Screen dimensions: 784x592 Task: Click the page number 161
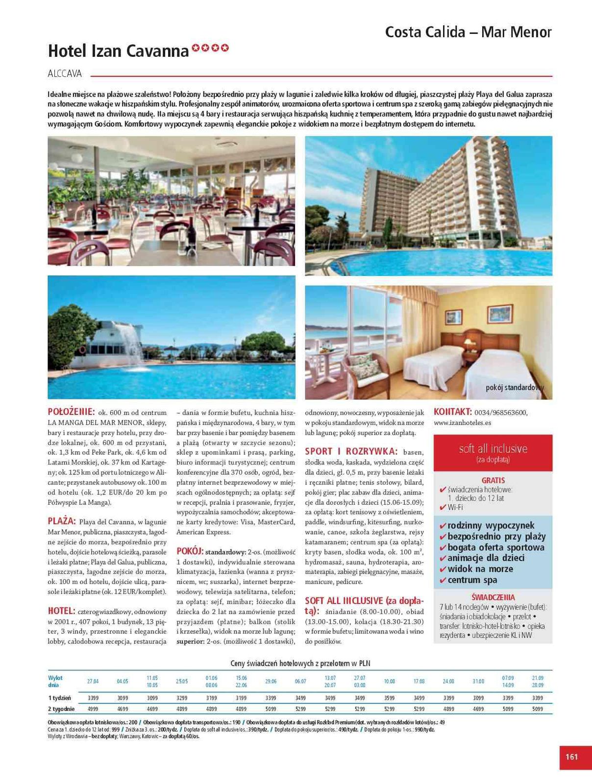coord(571,757)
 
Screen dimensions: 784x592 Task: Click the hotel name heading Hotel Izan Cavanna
coord(118,51)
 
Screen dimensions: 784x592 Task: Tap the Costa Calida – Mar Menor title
coord(468,32)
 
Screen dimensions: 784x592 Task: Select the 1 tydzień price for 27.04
coord(93,698)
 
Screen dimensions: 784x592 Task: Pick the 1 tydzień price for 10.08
coord(389,698)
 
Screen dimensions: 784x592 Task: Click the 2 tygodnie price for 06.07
coord(300,709)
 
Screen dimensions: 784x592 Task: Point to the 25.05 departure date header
coord(182,682)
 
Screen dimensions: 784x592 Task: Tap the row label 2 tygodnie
coord(61,709)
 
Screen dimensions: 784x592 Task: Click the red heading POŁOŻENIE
coord(71,412)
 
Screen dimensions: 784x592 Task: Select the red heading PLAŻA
coord(62,521)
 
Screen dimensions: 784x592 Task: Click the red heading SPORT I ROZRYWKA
coord(350,451)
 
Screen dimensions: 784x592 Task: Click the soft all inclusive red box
coord(493,452)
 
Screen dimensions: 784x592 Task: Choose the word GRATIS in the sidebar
coord(493,481)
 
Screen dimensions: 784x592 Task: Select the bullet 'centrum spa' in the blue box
coord(472,580)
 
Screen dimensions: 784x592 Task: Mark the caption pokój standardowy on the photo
coord(515,388)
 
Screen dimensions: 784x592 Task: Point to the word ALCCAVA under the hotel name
coord(65,74)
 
